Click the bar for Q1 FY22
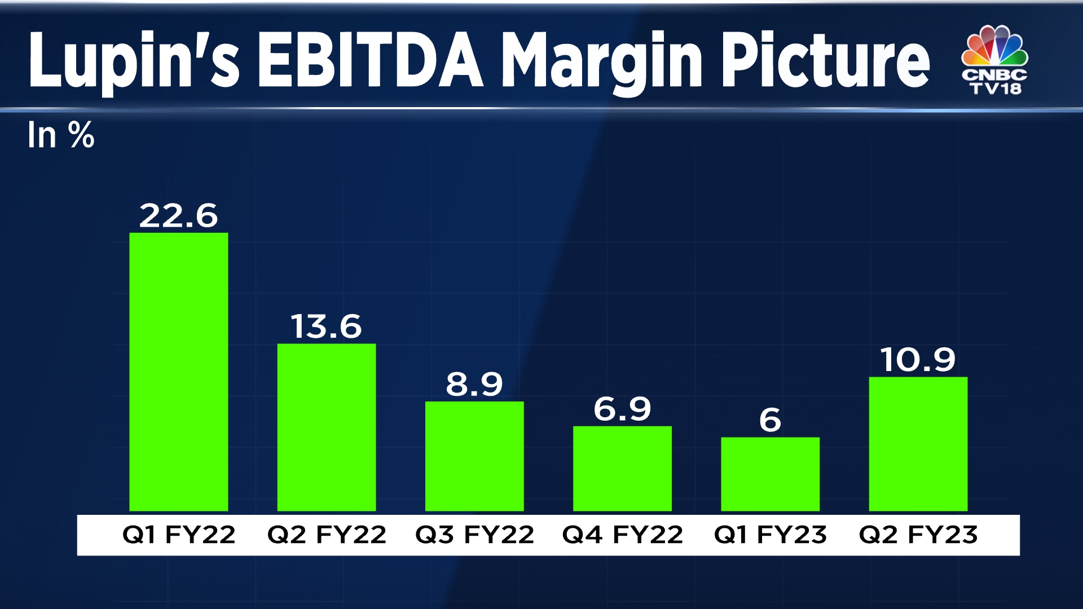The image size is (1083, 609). pos(179,372)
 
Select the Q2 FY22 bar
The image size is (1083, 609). pos(327,427)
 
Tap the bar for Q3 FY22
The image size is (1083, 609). pos(474,456)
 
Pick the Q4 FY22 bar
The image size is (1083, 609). pos(622,469)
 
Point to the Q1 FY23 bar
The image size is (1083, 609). pos(770,474)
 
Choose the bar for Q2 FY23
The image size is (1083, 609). pos(918,444)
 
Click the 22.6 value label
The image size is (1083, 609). pos(178,216)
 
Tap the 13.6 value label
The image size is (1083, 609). pos(326,326)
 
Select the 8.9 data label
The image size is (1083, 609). pos(474,385)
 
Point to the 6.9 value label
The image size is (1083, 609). pos(622,409)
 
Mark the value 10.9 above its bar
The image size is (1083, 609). pos(918,360)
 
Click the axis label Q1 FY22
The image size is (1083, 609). pos(179,535)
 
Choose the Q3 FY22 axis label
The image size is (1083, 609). pos(474,535)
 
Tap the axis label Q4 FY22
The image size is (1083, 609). pos(622,535)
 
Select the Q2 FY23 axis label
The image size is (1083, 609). pos(918,535)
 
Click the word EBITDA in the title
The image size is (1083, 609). pos(371,61)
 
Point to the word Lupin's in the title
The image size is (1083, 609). pos(134,61)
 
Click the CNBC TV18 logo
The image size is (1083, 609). pos(995,60)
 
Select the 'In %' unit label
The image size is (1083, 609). pos(61,135)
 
